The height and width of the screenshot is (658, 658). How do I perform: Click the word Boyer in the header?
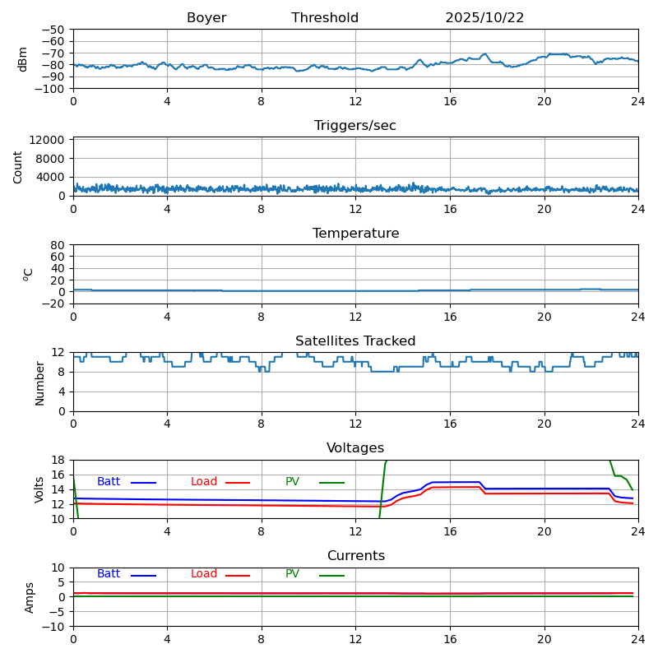(206, 18)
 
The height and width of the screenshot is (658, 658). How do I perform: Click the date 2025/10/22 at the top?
(484, 18)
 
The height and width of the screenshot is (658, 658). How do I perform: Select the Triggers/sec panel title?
(355, 126)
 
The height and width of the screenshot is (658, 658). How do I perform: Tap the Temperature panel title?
(355, 234)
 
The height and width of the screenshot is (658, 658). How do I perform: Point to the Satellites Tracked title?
(355, 341)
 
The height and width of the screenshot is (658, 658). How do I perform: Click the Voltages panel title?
(355, 448)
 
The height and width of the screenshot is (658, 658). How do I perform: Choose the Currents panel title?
(355, 556)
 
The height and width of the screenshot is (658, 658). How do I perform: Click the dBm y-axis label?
(23, 59)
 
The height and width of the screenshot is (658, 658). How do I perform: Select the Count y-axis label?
(19, 167)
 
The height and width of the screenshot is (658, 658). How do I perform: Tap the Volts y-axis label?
(39, 489)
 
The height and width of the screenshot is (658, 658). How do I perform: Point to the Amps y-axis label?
(30, 597)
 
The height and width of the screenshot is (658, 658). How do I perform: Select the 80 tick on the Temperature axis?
(58, 245)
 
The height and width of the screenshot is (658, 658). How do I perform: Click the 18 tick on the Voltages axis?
(58, 461)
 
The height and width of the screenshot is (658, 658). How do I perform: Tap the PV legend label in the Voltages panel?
(294, 482)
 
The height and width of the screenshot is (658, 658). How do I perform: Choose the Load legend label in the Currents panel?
(204, 574)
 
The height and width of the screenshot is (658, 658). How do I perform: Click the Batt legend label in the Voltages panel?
(109, 482)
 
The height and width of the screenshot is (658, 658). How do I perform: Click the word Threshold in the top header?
(325, 18)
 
